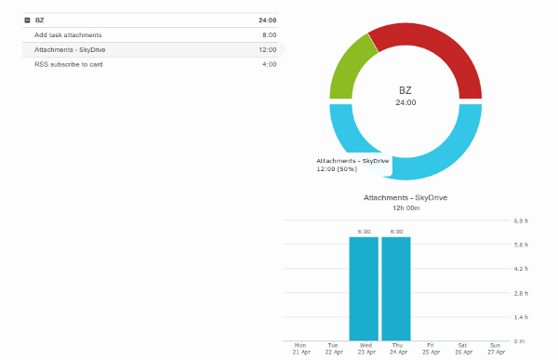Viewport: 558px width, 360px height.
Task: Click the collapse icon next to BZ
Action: [x=27, y=20]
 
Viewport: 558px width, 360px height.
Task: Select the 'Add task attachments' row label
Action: [x=68, y=34]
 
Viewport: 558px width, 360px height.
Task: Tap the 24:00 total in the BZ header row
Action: [x=267, y=20]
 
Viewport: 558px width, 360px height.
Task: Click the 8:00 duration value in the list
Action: [x=269, y=34]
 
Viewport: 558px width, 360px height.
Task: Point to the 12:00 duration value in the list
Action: [x=268, y=49]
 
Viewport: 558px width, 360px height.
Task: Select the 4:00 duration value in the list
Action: [x=269, y=64]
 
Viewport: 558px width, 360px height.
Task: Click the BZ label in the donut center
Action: [x=405, y=90]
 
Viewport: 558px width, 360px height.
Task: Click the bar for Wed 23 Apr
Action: [x=364, y=288]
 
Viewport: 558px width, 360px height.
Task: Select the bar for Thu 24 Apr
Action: [x=396, y=288]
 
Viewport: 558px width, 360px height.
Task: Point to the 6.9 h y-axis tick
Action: [x=521, y=221]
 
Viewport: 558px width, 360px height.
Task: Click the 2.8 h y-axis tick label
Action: [x=521, y=293]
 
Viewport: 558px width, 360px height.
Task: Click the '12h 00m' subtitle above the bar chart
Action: [x=405, y=208]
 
